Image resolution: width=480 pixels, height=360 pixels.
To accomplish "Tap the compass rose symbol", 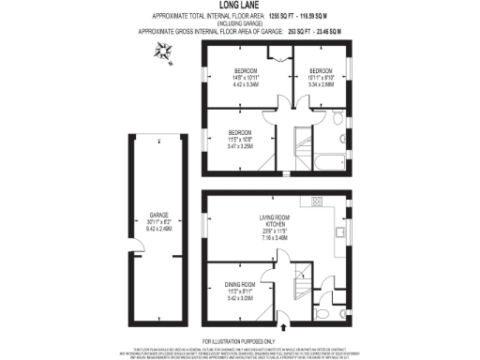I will click(165, 53).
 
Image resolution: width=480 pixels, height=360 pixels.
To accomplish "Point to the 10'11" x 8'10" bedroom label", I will click(322, 78).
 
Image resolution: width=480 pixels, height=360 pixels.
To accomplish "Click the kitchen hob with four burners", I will click(317, 201).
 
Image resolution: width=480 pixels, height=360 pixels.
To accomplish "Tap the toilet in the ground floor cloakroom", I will click(323, 316).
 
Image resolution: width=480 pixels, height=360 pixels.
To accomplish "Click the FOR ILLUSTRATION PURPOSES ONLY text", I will click(240, 341).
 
